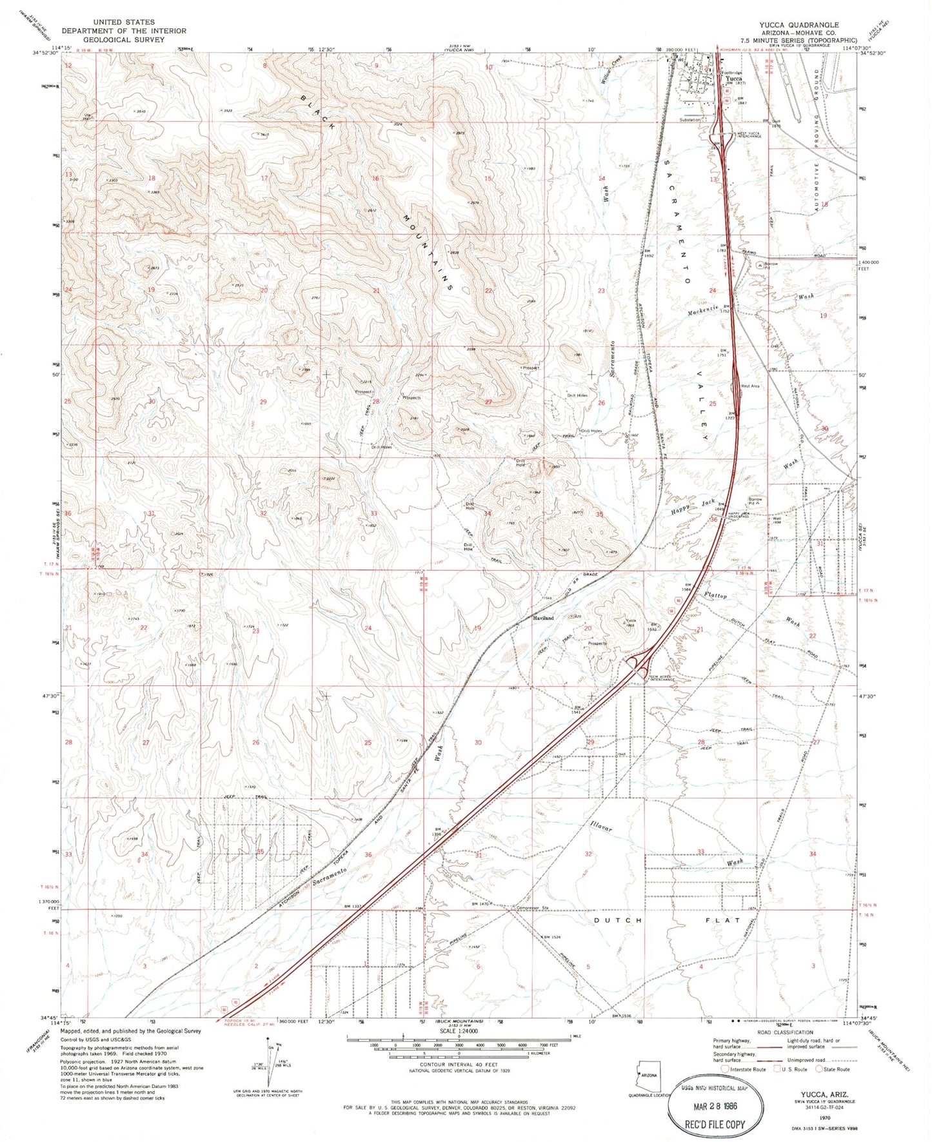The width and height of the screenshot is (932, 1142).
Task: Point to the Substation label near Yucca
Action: point(689,120)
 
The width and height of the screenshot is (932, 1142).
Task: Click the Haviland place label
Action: point(543,618)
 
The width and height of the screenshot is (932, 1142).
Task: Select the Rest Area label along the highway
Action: point(750,386)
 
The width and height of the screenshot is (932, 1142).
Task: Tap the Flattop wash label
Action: point(715,595)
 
